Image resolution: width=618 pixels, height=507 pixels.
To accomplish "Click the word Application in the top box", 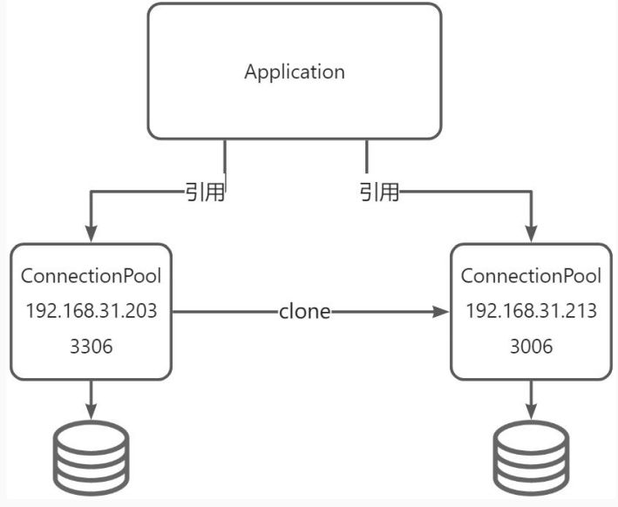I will pos(295,71).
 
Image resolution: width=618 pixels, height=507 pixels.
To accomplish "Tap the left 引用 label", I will pos(206,192).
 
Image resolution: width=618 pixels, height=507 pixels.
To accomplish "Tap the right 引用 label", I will pos(380,192).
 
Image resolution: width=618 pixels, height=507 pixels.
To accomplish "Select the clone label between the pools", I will pos(304,311).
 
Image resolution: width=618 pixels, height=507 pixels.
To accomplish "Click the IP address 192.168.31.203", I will pos(91,311).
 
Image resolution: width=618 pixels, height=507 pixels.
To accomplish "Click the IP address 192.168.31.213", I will pos(531,311).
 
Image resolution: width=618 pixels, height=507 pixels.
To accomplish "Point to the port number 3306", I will pos(91,346).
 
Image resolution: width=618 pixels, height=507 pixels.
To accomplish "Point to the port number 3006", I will pos(531,346).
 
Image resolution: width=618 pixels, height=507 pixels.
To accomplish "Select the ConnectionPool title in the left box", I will pos(91,276).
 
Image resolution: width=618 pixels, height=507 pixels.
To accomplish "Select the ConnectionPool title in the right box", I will pos(531,276).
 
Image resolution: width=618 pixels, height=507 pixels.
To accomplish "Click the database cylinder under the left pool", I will pos(91,458).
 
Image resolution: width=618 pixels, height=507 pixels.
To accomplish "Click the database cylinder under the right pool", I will pos(531,458).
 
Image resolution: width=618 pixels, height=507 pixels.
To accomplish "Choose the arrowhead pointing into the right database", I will pos(531,410).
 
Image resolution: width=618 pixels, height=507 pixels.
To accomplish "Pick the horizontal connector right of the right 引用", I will pos(462,192).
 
